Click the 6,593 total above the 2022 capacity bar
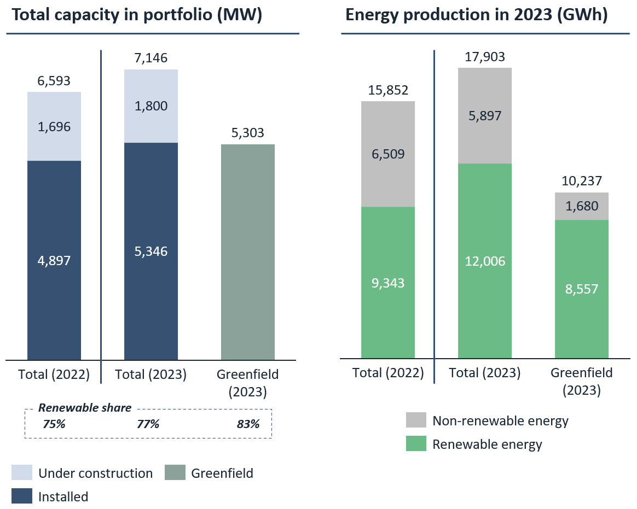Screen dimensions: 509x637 tap(54, 81)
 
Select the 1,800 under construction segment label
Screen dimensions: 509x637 tap(150, 106)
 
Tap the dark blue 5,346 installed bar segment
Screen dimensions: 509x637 tap(150, 251)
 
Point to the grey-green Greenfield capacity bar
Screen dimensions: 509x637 tap(247, 251)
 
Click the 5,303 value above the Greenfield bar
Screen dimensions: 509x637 tap(247, 133)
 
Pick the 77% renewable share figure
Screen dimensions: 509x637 tap(147, 424)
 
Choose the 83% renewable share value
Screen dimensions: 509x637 tap(248, 424)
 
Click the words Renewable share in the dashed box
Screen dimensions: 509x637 tap(85, 408)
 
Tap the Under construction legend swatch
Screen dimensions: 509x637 tap(21, 473)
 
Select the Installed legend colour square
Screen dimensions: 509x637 tap(21, 496)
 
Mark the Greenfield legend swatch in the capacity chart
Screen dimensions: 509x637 tap(175, 473)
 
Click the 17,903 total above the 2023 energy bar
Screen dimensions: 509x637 tap(484, 57)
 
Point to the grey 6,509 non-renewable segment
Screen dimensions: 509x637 tap(387, 154)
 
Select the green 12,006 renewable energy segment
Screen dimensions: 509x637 tap(484, 261)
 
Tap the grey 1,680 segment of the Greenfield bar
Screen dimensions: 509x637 tap(581, 206)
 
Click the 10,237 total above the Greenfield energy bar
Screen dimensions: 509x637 tap(581, 181)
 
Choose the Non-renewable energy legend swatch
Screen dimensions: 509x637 tap(415, 420)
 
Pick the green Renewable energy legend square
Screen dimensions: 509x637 tap(415, 444)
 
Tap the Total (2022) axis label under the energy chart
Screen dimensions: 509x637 tap(388, 373)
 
